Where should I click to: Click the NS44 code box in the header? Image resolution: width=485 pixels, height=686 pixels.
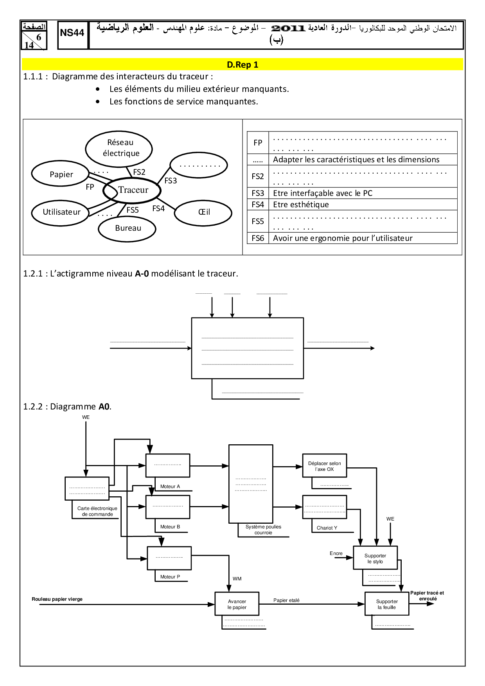(x=73, y=34)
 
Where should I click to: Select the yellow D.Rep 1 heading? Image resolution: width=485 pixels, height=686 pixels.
(x=242, y=65)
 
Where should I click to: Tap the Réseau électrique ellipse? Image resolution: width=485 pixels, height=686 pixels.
(x=119, y=148)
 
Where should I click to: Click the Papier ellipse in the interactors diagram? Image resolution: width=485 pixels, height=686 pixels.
(x=61, y=174)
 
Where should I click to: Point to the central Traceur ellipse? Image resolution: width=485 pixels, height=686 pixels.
(x=132, y=190)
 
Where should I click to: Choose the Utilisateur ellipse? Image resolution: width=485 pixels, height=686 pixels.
(x=61, y=212)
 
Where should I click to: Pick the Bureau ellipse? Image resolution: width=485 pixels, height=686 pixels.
(x=128, y=228)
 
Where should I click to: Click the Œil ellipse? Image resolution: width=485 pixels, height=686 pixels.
(x=203, y=212)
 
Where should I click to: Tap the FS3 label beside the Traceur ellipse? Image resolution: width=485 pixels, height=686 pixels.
(x=171, y=181)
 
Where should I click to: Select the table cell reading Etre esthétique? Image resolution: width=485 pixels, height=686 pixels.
(x=301, y=205)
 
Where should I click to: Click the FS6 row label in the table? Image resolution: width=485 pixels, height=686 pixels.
(x=258, y=238)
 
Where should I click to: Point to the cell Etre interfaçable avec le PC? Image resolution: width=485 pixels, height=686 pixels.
(x=323, y=193)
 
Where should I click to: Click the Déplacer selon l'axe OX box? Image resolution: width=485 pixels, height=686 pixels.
(x=324, y=466)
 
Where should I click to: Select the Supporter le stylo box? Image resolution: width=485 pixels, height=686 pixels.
(x=375, y=558)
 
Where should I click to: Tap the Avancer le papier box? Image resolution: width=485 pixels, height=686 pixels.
(x=237, y=604)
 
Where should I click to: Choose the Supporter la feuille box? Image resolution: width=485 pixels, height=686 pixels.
(x=387, y=604)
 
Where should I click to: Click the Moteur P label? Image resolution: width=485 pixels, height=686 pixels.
(x=170, y=576)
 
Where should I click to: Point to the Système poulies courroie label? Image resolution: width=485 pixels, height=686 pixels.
(x=263, y=530)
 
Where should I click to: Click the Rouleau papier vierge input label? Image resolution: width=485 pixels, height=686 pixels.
(x=57, y=599)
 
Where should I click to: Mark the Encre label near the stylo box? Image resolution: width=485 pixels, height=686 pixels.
(x=336, y=553)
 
